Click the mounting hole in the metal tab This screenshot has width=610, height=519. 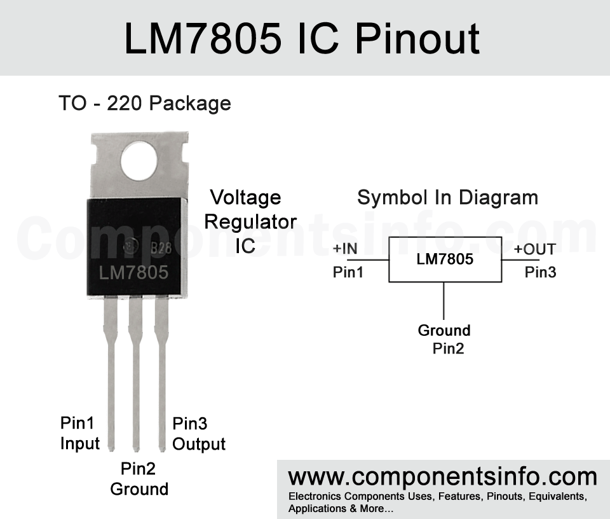139,161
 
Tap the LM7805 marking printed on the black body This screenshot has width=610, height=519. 133,273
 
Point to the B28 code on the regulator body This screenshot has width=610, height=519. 161,248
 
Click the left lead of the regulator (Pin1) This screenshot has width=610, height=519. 111,374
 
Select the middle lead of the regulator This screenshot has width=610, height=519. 136,374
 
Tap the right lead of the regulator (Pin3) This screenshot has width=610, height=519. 162,374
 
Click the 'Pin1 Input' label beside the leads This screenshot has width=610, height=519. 80,433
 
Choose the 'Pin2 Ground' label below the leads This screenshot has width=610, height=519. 139,479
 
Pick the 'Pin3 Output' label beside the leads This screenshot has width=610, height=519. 199,434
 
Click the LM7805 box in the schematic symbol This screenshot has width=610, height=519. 445,259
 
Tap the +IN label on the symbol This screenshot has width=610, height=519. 345,249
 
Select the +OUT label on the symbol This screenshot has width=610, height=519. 535,249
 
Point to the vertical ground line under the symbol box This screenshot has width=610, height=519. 444,301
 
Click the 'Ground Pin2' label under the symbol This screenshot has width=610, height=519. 444,339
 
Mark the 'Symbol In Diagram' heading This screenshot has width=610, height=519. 448,198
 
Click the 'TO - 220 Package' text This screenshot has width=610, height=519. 145,104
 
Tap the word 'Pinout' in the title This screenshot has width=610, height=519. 417,39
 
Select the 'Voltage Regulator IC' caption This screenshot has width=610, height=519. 250,221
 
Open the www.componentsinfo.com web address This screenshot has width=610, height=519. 443,477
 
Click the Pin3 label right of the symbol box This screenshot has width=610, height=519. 540,272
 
